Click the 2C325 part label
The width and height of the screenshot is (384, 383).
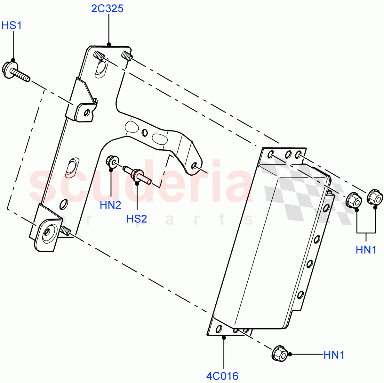(107, 9)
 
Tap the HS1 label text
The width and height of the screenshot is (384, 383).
(12, 25)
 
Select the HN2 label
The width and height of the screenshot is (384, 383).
(110, 205)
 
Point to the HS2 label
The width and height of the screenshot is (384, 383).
(137, 219)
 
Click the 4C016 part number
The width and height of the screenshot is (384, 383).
(222, 376)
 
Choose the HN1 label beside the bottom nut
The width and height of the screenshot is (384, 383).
(334, 355)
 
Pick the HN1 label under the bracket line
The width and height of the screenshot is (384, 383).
(366, 250)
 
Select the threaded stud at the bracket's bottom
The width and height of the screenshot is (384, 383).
(65, 231)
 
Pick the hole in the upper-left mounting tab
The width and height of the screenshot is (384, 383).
(86, 113)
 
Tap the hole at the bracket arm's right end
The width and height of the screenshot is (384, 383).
(194, 166)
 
